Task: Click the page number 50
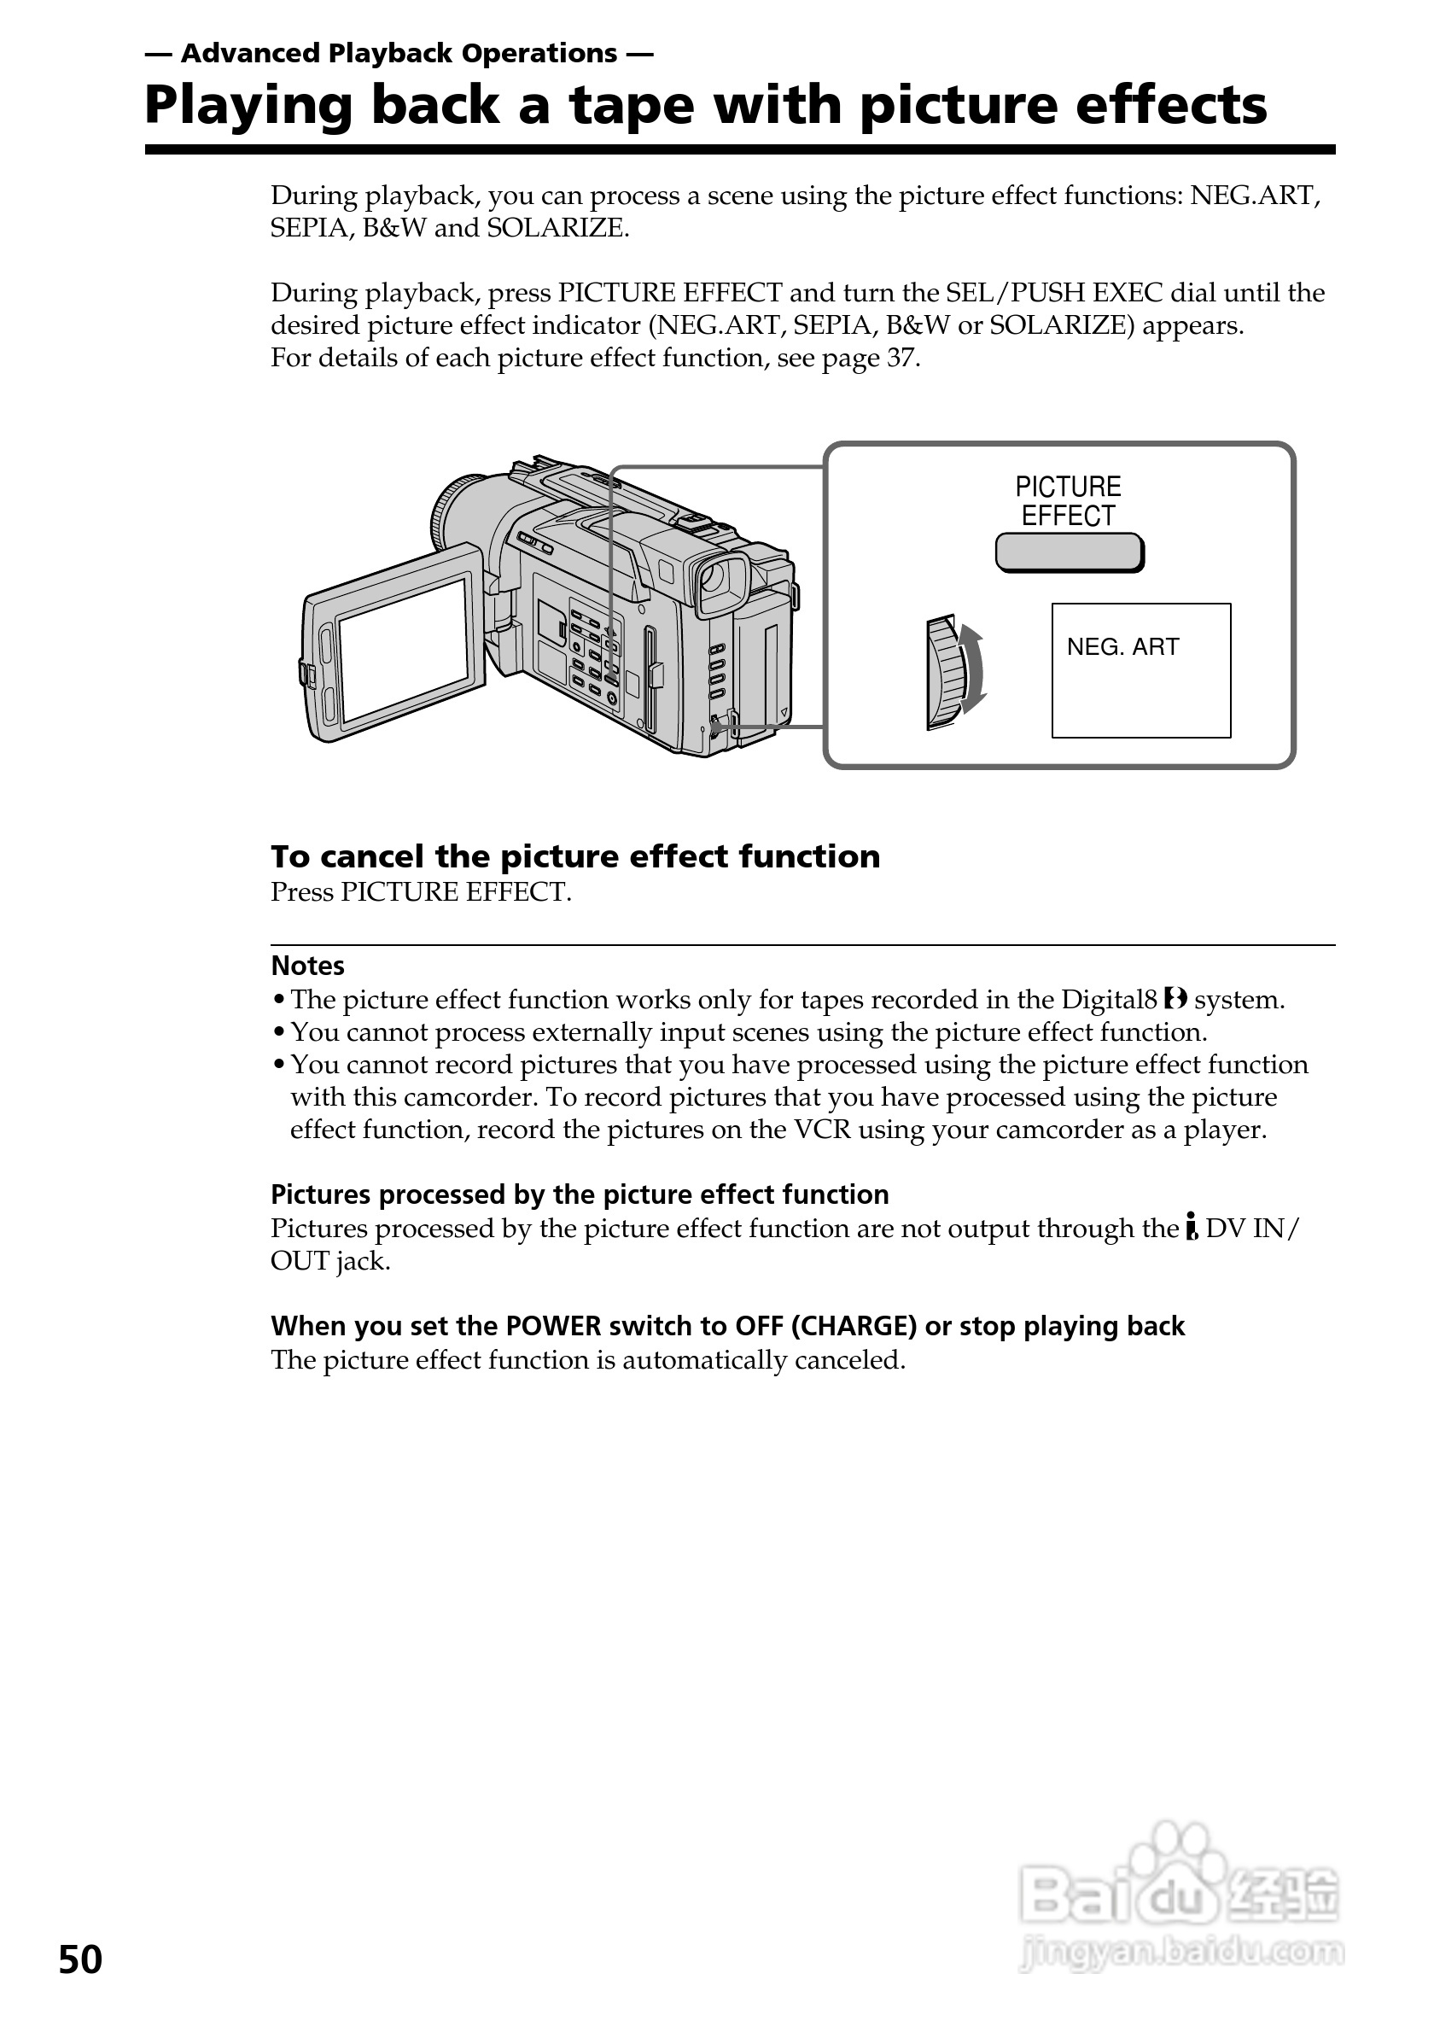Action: [x=80, y=1959]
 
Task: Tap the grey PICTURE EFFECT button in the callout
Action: [x=1069, y=553]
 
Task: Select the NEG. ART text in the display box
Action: [x=1122, y=647]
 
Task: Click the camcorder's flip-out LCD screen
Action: [x=404, y=650]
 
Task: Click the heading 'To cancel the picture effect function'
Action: [x=575, y=856]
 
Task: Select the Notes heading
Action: [x=307, y=966]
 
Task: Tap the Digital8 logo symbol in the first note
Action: [x=1175, y=999]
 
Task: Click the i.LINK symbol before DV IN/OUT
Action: [x=1192, y=1228]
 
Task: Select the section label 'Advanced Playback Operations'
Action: [x=399, y=54]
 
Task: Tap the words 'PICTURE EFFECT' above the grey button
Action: [x=1068, y=501]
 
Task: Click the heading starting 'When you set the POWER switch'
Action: [x=727, y=1326]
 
